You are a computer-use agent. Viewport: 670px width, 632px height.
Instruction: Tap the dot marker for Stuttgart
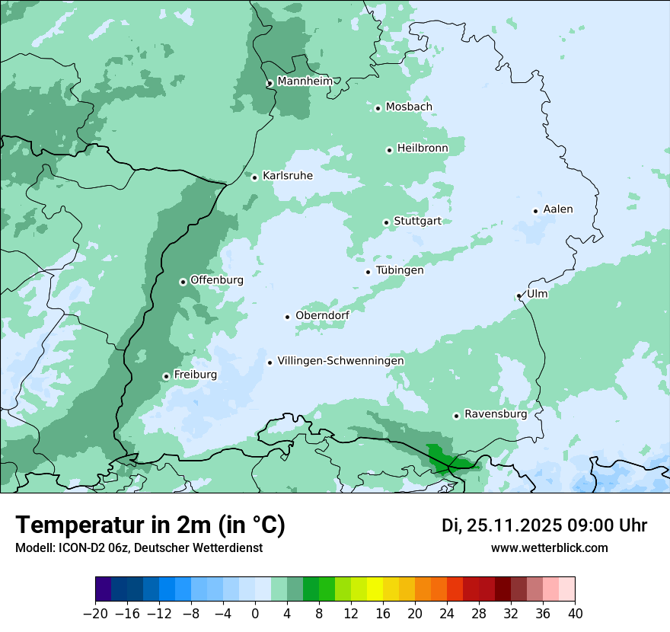386,223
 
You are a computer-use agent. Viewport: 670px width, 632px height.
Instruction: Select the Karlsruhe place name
287,176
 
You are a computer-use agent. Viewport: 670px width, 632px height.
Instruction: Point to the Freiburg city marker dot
166,376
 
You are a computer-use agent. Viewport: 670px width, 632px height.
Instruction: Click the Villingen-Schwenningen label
340,361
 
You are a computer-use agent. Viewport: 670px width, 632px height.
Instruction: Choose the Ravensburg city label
496,414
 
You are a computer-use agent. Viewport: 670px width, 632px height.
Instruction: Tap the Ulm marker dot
518,296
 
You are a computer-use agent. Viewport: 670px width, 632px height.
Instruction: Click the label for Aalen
557,209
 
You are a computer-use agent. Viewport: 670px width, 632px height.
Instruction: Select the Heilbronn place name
423,148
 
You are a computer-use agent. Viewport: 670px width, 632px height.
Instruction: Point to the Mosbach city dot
378,108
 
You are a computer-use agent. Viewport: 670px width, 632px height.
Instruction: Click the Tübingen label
400,270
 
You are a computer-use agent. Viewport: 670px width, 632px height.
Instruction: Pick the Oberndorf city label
322,315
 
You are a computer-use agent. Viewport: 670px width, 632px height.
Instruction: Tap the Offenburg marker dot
183,282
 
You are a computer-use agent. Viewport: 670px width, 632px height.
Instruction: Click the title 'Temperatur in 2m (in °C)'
150,525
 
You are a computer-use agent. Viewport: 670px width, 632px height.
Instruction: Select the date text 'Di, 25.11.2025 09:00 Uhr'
544,525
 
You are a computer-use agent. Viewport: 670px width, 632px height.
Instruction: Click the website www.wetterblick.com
549,547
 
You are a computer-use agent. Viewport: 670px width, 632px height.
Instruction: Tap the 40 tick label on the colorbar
575,613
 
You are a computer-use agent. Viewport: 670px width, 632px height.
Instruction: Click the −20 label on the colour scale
95,613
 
